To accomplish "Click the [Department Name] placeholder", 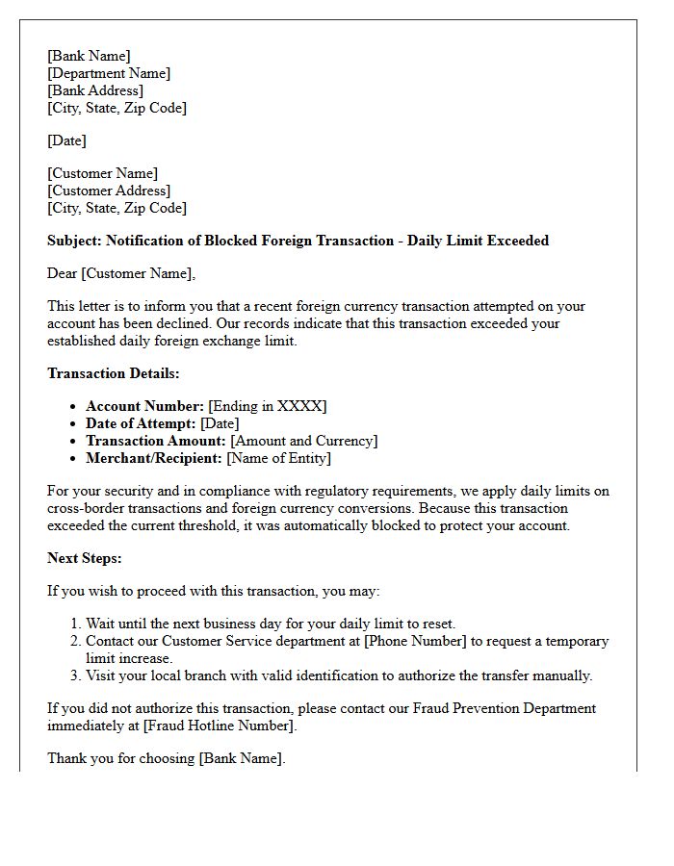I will (109, 73).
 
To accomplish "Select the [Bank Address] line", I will (95, 90).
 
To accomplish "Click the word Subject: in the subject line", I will (74, 241).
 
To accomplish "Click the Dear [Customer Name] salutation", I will (121, 273).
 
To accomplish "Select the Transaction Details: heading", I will (114, 373).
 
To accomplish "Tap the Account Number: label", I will (144, 406).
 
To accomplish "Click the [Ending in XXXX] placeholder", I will (268, 406).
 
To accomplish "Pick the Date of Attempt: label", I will (142, 423).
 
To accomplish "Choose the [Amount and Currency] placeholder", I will (304, 441).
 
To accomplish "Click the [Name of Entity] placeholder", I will (278, 458).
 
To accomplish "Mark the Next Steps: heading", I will (85, 558).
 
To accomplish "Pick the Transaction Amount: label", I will (156, 441).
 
